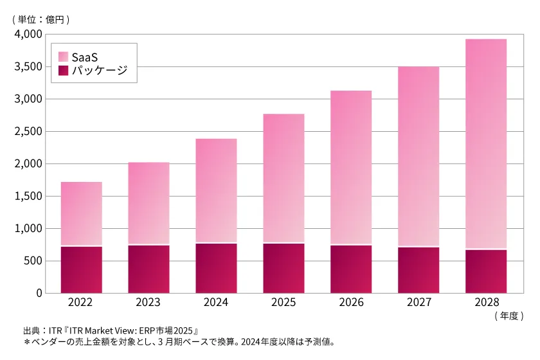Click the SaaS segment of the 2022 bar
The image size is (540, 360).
pyautogui.click(x=81, y=213)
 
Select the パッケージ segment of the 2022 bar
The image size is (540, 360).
pyautogui.click(x=81, y=269)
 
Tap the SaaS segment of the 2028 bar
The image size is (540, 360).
pyautogui.click(x=485, y=143)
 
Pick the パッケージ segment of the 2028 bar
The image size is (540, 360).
pyautogui.click(x=485, y=271)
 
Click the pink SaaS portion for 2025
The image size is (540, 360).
pyautogui.click(x=283, y=178)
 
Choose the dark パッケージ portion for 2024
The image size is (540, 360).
pyautogui.click(x=216, y=268)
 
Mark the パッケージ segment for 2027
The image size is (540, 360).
pyautogui.click(x=419, y=270)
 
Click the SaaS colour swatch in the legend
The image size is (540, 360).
pyautogui.click(x=63, y=56)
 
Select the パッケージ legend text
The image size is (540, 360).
pyautogui.click(x=99, y=70)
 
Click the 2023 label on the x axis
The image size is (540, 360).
pyautogui.click(x=148, y=302)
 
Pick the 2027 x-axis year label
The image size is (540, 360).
pyautogui.click(x=419, y=302)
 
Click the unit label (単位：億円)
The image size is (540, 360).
pyautogui.click(x=40, y=19)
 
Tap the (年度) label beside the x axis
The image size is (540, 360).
pyautogui.click(x=510, y=316)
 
